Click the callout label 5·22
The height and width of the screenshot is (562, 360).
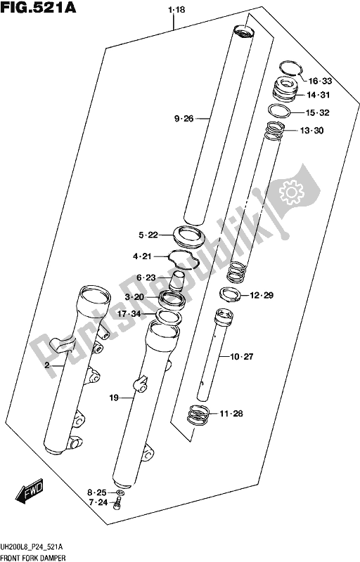pyautogui.click(x=150, y=235)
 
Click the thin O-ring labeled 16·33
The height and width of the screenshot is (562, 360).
pyautogui.click(x=289, y=67)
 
